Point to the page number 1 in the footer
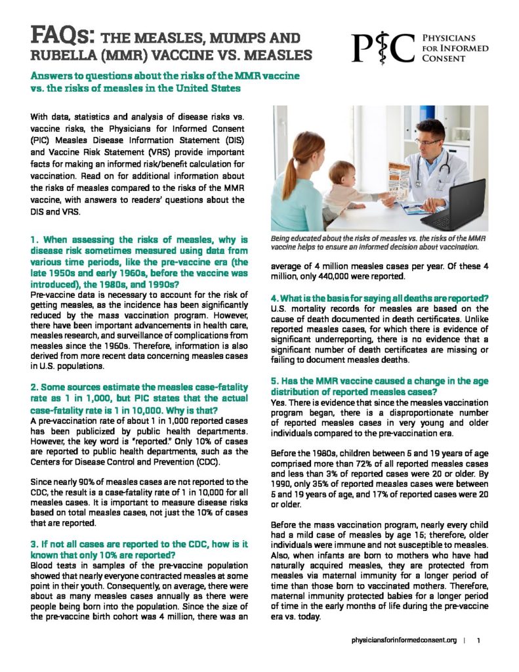tap(479, 639)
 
